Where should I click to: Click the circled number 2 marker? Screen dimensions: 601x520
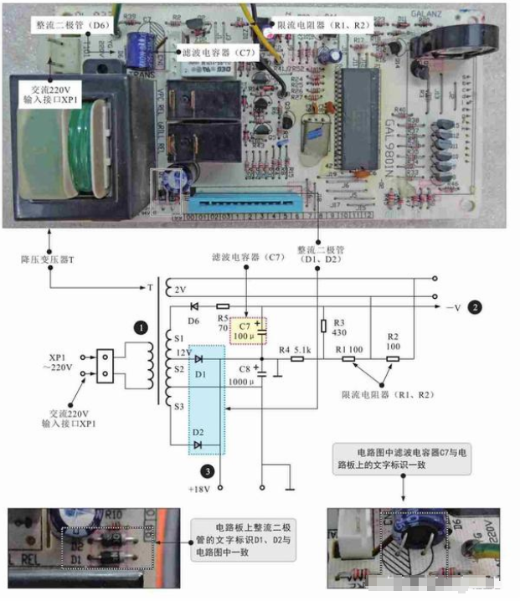474,307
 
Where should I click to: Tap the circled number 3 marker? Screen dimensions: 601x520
195,470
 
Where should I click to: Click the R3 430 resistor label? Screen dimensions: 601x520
339,328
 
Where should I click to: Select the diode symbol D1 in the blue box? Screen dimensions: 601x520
199,359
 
